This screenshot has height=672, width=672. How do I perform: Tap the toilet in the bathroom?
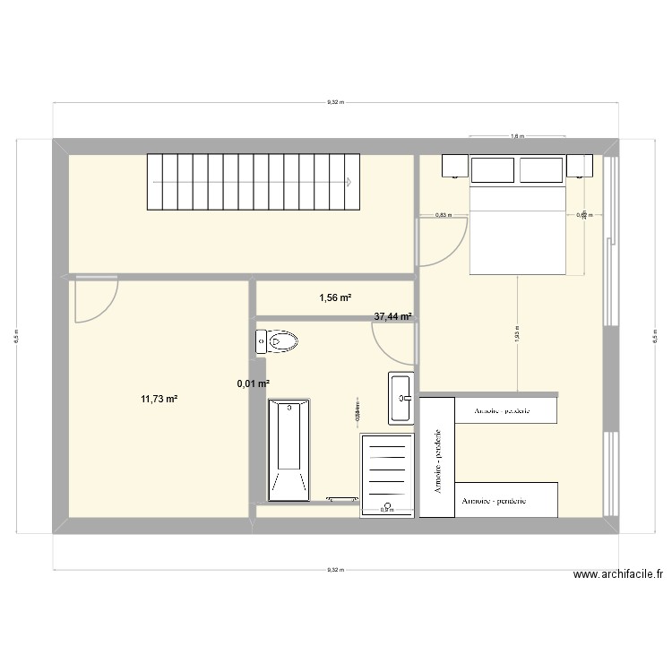tap(279, 341)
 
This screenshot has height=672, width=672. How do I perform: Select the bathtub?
tap(289, 449)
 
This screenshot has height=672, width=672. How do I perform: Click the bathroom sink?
tap(400, 397)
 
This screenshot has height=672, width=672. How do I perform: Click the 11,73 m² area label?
tap(158, 400)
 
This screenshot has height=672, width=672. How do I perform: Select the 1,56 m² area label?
tap(334, 297)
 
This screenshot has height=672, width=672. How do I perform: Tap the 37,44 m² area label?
tap(392, 316)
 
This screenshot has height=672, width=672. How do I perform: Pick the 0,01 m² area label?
tap(253, 384)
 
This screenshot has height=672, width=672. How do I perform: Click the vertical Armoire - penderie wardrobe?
tap(438, 457)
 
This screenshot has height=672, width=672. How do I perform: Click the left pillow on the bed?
tap(494, 169)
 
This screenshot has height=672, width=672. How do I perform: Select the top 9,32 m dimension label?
tap(333, 103)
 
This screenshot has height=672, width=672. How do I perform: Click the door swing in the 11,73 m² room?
tap(94, 299)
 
